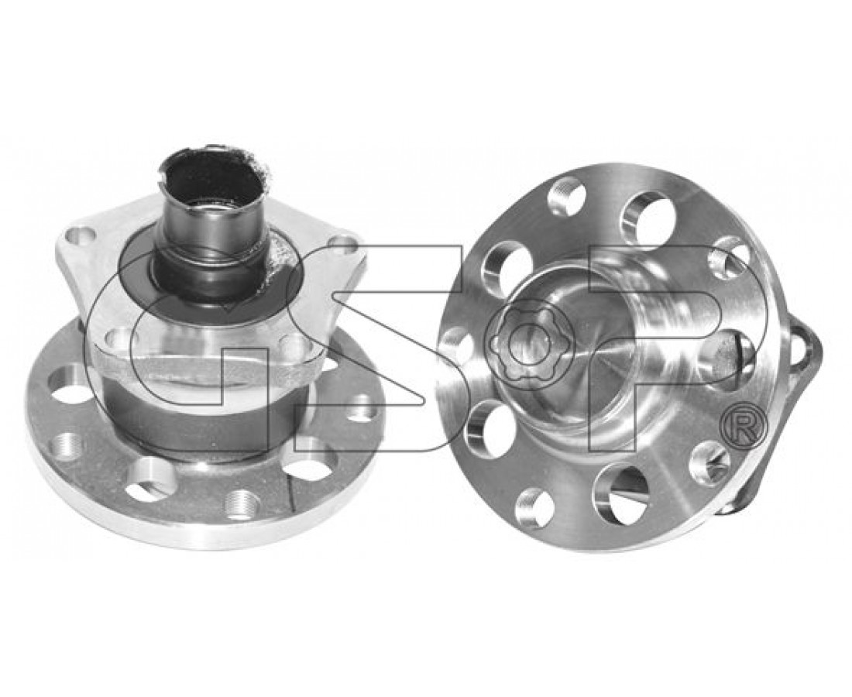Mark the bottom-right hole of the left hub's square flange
click(x=294, y=342)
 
